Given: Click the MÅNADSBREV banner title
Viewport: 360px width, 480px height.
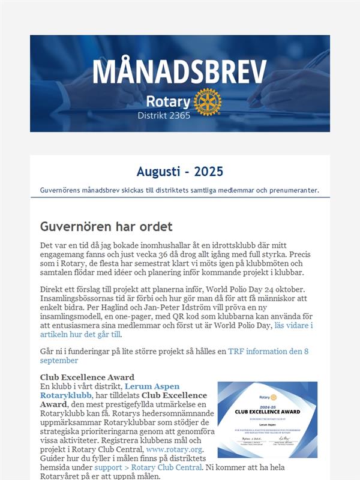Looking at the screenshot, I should point(179,72).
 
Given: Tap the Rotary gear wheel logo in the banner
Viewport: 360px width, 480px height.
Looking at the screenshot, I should point(208,101).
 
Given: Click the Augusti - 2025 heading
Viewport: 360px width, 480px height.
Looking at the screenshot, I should point(179,172).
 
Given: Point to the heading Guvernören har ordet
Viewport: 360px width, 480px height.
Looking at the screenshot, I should point(106,227).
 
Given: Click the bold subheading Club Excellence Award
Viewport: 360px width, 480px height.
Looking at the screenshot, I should point(87,377).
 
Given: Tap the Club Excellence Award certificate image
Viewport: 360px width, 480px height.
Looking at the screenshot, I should point(268,419).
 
